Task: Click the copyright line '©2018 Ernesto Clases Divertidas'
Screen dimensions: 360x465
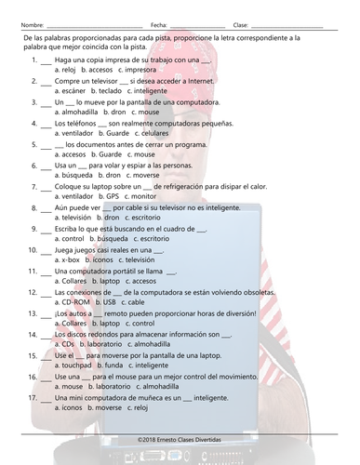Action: (180, 440)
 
